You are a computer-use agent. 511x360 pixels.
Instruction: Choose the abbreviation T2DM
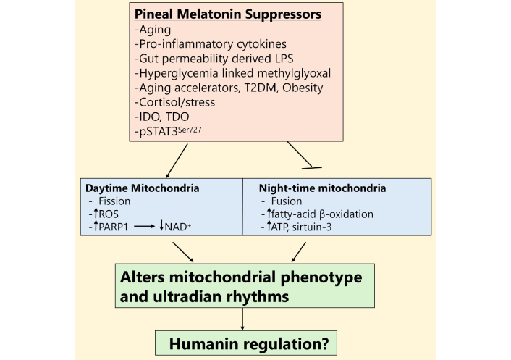[269, 88]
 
